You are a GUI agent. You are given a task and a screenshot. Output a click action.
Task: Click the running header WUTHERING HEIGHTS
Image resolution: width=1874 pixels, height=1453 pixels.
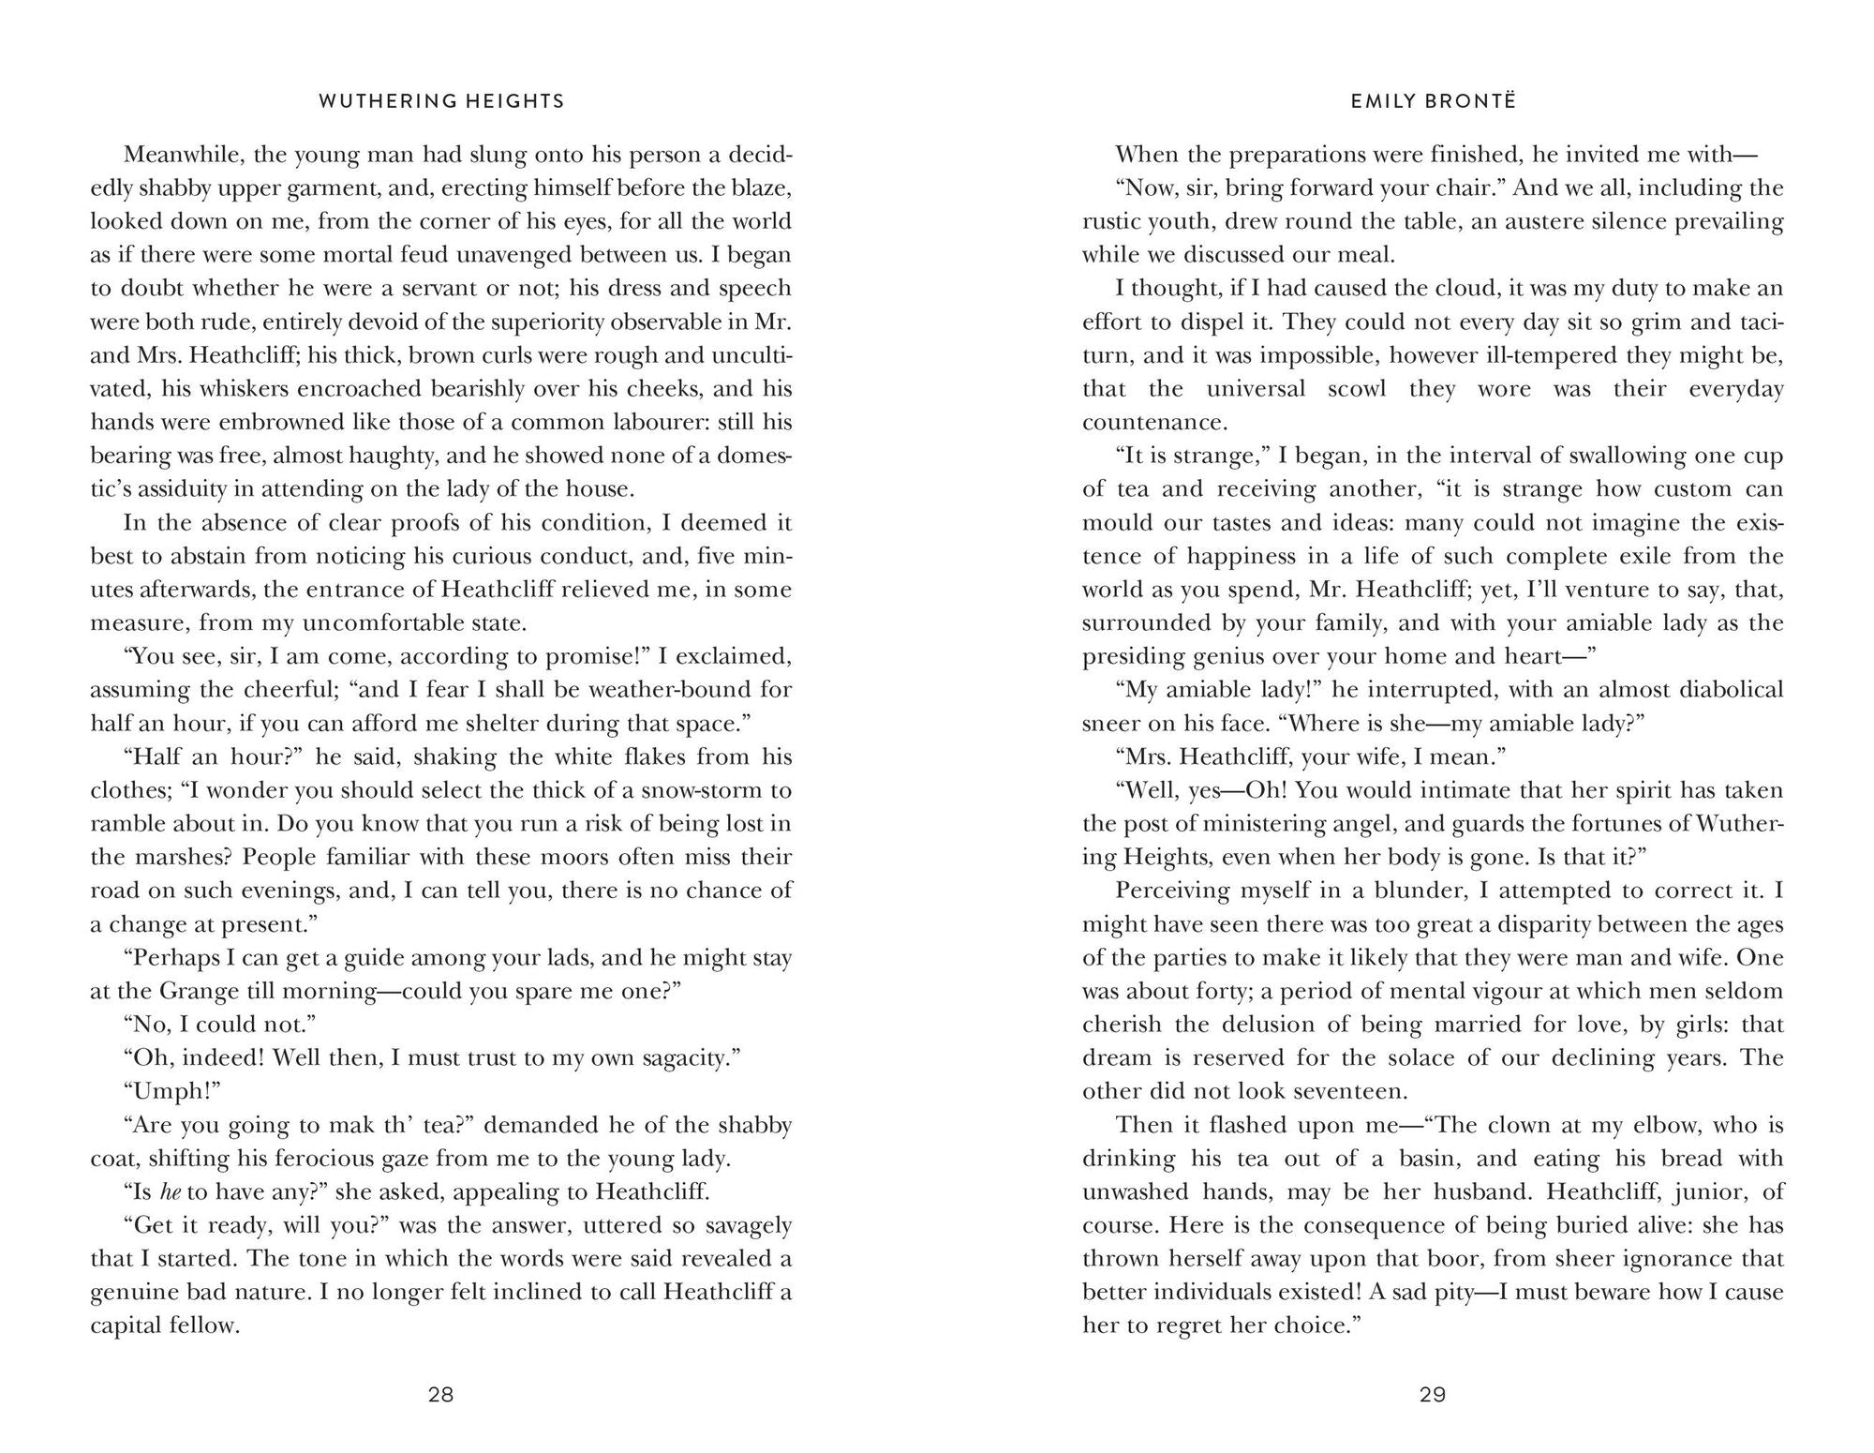click(x=441, y=101)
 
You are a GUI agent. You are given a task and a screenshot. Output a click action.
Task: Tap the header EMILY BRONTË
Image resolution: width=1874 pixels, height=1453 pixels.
click(x=1433, y=101)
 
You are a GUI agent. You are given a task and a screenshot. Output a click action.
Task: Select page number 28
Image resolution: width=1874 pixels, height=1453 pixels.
click(x=440, y=1394)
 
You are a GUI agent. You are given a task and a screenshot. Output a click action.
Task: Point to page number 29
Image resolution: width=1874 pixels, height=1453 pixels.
click(x=1433, y=1394)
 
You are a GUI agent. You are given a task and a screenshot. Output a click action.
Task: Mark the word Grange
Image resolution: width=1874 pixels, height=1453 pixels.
click(x=208, y=991)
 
